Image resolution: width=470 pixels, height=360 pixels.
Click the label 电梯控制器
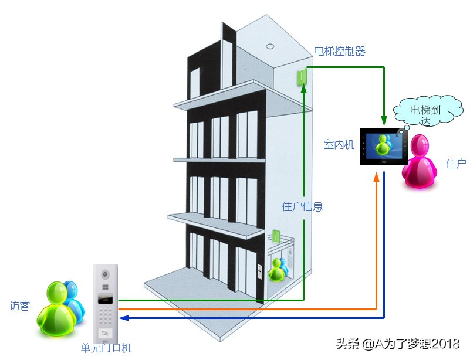point(340,52)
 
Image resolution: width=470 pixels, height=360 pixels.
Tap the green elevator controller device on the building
point(302,77)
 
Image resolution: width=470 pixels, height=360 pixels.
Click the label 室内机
point(339,144)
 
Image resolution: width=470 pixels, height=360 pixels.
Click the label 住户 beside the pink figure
point(456,164)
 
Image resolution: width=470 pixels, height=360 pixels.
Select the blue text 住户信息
point(302,206)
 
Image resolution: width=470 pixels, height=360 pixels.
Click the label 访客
point(19,305)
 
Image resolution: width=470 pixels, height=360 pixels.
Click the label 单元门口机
point(106,348)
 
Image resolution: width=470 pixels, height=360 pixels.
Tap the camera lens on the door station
point(106,274)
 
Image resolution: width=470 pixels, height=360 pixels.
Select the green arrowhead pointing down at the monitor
point(384,121)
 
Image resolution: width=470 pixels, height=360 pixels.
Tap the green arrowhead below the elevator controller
point(304,90)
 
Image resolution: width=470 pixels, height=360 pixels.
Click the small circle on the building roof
point(270,45)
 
